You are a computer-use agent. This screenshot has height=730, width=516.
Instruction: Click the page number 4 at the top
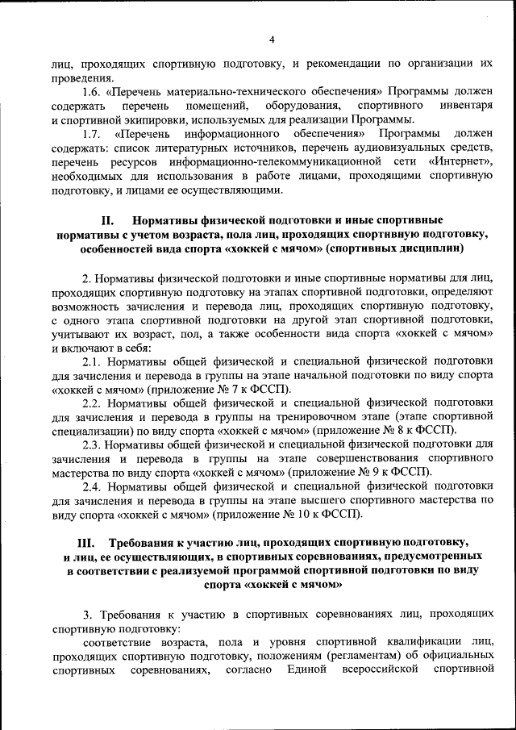point(272,40)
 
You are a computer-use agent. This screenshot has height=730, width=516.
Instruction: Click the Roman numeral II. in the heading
point(110,219)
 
